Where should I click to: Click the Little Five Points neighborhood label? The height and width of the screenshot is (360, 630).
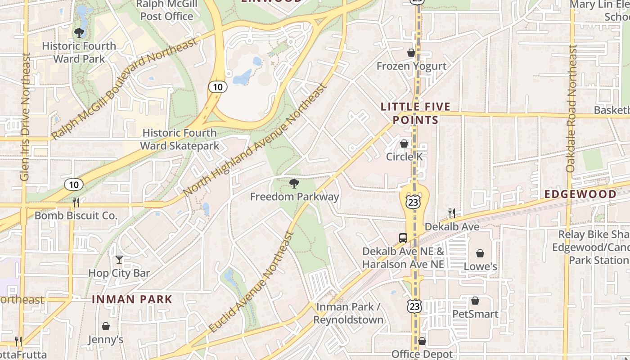[x=415, y=113]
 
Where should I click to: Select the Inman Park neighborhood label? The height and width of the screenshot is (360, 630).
[x=132, y=299]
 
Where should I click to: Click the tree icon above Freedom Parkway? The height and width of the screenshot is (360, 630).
[x=294, y=183]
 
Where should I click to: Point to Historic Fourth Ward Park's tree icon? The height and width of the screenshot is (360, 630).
[x=79, y=33]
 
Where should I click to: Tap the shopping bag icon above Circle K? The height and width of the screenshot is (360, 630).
[x=404, y=144]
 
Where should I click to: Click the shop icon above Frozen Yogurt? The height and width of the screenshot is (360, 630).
[x=411, y=53]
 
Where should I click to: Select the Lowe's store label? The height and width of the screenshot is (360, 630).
[x=480, y=266]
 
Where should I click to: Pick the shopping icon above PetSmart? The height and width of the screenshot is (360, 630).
[x=475, y=301]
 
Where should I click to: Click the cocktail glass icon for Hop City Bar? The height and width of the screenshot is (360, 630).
[x=119, y=260]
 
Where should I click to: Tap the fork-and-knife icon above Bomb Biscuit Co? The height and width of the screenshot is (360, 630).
[x=76, y=202]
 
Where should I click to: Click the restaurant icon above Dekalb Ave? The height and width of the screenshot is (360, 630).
[x=451, y=213]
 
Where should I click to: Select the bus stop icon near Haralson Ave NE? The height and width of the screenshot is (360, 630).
[x=403, y=238]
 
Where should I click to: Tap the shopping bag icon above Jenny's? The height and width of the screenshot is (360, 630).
[x=106, y=326]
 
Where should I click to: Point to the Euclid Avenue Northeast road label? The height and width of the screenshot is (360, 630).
[x=252, y=283]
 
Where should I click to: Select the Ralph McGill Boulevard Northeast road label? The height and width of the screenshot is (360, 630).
[x=124, y=89]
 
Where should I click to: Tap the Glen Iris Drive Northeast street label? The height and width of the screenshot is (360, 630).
[x=25, y=117]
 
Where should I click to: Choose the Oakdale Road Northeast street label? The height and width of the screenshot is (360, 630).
[x=571, y=108]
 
